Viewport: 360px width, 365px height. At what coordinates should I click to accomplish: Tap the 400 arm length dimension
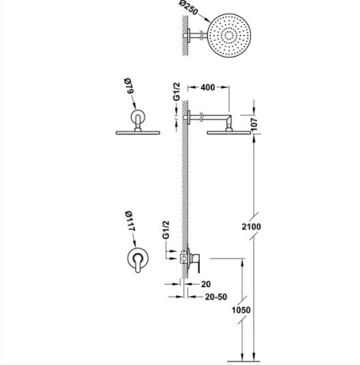click(x=208, y=87)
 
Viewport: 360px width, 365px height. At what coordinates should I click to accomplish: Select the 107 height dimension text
click(x=254, y=125)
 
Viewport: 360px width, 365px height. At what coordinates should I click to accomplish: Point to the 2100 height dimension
click(x=252, y=227)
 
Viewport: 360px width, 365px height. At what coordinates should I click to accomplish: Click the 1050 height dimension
click(x=241, y=310)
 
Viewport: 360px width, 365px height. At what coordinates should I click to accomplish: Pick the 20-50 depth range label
click(x=216, y=297)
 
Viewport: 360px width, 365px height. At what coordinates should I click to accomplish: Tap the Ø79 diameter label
click(x=128, y=86)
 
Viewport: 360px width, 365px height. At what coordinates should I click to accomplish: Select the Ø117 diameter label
click(x=130, y=221)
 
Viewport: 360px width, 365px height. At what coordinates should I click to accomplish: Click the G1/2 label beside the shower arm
click(x=177, y=91)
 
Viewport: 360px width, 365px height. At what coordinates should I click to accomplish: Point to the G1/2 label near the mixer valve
click(x=166, y=230)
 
